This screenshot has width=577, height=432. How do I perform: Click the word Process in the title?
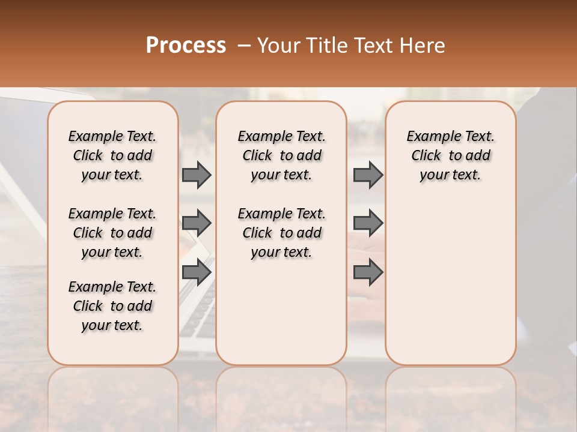(186, 46)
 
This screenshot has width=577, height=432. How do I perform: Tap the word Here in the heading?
(423, 46)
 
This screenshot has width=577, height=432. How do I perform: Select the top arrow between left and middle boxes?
(197, 175)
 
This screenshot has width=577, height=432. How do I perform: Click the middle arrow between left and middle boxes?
(197, 223)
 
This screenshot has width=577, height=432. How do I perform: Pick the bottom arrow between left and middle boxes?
(197, 272)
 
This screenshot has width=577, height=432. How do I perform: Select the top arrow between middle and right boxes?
(368, 175)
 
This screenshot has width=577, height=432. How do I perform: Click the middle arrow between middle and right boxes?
(368, 223)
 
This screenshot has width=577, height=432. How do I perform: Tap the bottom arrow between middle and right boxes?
(368, 272)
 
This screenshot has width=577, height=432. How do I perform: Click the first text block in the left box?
(112, 155)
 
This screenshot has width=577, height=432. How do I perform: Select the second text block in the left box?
(112, 233)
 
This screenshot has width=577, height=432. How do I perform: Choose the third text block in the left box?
(112, 306)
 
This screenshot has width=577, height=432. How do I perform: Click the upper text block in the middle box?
(281, 155)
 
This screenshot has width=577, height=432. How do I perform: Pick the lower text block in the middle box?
(281, 233)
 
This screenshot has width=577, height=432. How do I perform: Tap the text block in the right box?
(451, 155)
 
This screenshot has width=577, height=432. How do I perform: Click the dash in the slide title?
(244, 46)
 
